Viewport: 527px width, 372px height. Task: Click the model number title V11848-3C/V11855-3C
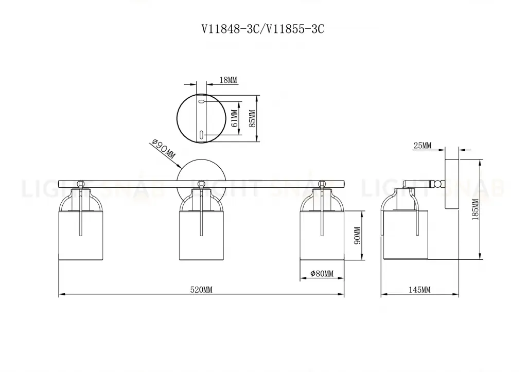262,29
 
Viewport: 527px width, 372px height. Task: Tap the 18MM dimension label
228,80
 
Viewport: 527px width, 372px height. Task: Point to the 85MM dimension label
252,119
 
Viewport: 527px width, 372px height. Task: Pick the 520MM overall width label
201,290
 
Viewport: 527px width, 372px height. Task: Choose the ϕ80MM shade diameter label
322,274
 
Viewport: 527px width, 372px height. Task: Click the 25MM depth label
422,146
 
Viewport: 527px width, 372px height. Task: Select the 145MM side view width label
419,290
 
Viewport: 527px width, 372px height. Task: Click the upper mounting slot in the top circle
201,102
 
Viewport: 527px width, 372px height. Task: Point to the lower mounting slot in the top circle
201,135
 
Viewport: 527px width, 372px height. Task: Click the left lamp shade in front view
80,234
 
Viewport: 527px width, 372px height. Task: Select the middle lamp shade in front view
201,234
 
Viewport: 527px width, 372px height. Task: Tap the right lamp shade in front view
322,234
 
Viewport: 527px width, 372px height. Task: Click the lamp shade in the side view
405,234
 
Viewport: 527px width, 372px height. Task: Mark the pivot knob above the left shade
80,183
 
